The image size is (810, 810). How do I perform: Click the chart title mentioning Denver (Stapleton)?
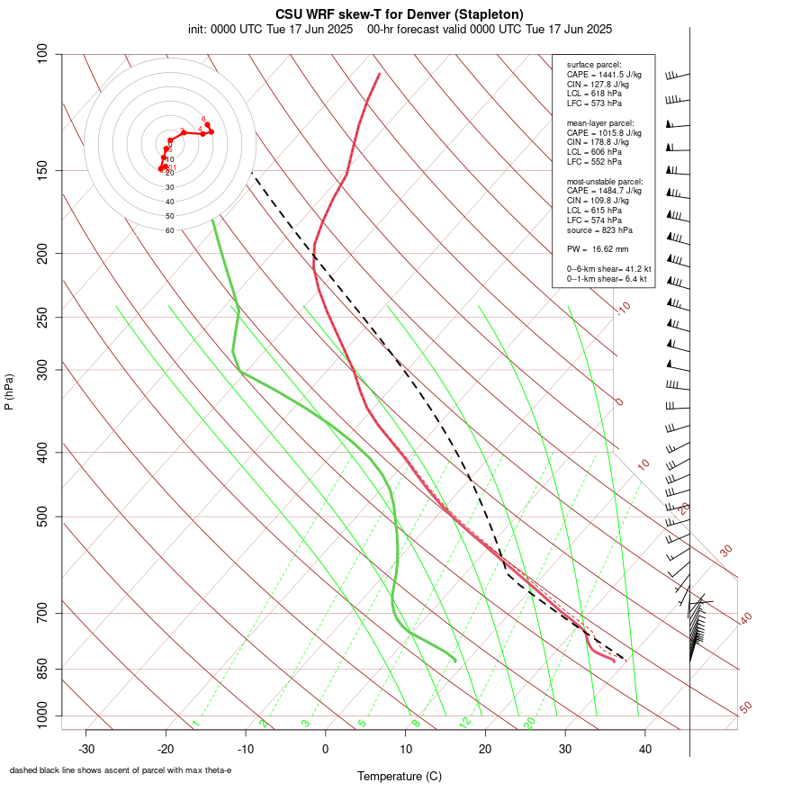[400, 14]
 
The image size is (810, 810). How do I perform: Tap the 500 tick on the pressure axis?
[41, 517]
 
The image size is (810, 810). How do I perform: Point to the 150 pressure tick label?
[41, 170]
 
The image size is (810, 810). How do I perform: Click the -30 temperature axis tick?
[86, 749]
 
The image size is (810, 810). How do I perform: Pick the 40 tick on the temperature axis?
[645, 749]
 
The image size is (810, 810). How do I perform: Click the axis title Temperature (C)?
[400, 776]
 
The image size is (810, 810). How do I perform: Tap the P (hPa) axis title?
[9, 391]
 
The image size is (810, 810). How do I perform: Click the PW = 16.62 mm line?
[598, 248]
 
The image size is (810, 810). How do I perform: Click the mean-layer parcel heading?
[600, 122]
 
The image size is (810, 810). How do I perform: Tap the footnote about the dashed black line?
[121, 770]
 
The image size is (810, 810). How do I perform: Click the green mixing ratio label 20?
[529, 722]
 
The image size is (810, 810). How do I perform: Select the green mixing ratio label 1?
[195, 724]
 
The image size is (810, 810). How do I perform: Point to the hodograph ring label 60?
[169, 230]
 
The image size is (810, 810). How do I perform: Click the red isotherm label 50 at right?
[745, 708]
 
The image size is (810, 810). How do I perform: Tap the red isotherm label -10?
[623, 309]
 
